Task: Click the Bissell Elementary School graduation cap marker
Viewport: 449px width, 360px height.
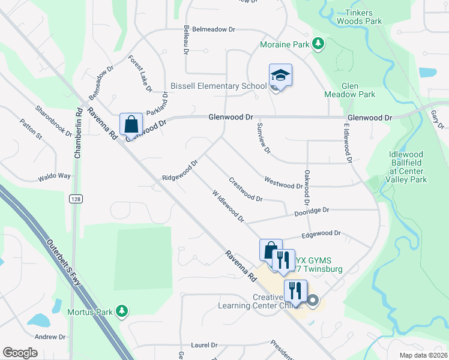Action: coord(280,76)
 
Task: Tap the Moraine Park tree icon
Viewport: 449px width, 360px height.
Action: coord(318,44)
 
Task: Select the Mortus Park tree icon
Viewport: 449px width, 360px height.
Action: coord(122,311)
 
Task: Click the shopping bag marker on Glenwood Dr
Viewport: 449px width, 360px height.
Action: coord(131,125)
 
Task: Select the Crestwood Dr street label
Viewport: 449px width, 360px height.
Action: coord(246,189)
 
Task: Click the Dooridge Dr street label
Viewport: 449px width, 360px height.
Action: coord(312,211)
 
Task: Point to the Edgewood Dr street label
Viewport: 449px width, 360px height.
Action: coord(321,234)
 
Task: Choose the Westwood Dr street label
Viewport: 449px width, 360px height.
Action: coord(283,182)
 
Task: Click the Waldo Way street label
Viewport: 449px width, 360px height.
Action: coord(54,176)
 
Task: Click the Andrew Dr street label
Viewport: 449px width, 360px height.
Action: coord(49,337)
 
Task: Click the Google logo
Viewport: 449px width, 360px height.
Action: coord(20,352)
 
